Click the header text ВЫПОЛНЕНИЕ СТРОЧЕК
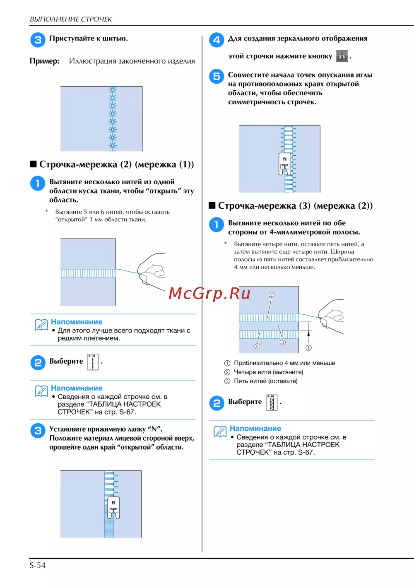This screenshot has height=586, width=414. coord(71,19)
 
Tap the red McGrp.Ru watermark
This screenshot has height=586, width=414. coord(209,293)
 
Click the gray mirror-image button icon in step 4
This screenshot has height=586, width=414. coord(342,56)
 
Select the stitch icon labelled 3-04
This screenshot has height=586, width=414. coord(93,362)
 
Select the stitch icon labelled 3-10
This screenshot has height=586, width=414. coord(272,403)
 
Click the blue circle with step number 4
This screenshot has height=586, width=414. coord(217,40)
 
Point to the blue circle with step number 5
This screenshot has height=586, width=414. coord(217,76)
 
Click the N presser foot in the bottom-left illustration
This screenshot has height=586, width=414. coord(113,507)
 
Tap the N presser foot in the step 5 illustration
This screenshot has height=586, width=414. coord(285,164)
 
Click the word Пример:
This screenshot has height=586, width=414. coord(44,61)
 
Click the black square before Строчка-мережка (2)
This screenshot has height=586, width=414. coord(33,164)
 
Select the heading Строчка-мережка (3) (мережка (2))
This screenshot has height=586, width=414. coord(295,206)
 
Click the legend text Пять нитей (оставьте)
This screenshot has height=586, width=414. coord(265,381)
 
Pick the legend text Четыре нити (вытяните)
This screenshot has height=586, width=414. coord(268,372)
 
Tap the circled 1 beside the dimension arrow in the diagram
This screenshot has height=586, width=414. coord(308,348)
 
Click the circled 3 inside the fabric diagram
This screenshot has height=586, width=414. coord(282,342)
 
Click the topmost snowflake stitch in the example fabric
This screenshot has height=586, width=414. coord(113,90)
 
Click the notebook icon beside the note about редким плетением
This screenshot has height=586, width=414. coord(41,325)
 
